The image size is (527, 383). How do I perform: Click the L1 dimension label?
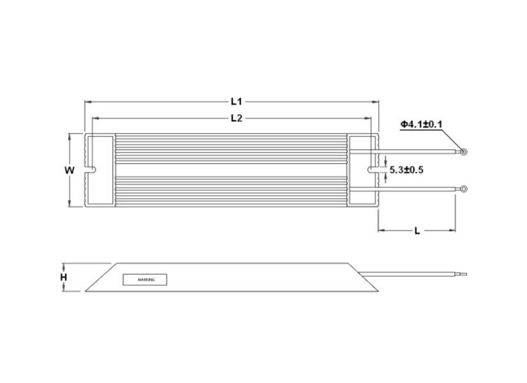(x=235, y=101)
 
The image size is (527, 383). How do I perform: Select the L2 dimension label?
(x=235, y=118)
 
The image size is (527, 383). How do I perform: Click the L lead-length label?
(x=416, y=231)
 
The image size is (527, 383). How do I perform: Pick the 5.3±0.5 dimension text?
(x=407, y=170)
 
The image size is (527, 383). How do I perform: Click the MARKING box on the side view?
(x=144, y=280)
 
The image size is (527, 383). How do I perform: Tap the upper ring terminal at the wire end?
(x=462, y=152)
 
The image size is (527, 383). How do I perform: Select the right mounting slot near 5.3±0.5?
(x=372, y=170)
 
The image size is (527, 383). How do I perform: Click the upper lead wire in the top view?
(x=415, y=152)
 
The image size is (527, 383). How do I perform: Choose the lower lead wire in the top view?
(x=415, y=188)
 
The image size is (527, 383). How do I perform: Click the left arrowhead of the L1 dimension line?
(x=88, y=101)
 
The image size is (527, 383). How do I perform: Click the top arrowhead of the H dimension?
(x=63, y=264)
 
